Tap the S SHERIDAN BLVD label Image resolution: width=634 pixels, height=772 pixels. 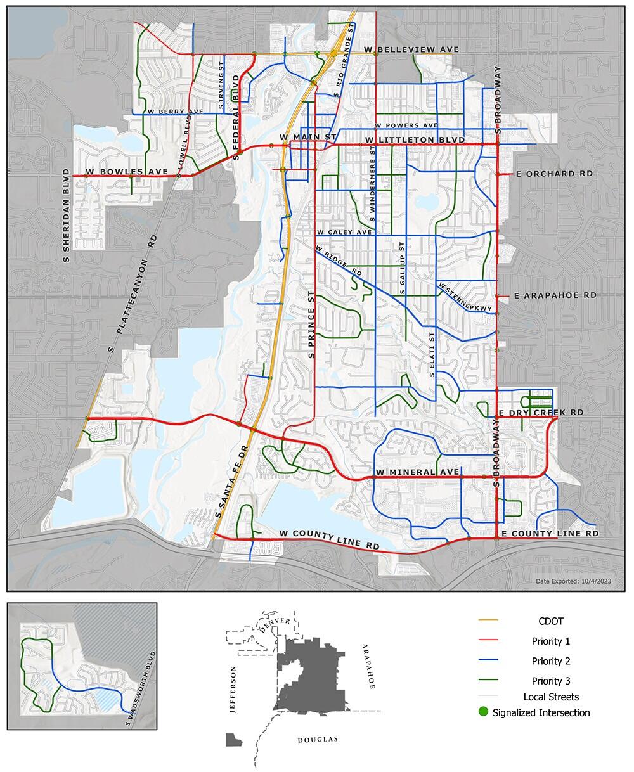(x=66, y=215)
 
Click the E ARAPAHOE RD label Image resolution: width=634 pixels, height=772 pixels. (x=555, y=295)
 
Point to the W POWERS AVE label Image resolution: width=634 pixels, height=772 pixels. (x=406, y=126)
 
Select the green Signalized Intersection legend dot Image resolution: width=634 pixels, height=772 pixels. (x=484, y=712)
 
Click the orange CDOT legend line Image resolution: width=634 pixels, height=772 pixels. (x=489, y=620)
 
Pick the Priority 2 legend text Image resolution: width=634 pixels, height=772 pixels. (x=551, y=661)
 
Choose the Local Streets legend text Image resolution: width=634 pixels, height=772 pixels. (x=551, y=697)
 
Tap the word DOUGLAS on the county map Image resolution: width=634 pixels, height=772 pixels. (x=318, y=740)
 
